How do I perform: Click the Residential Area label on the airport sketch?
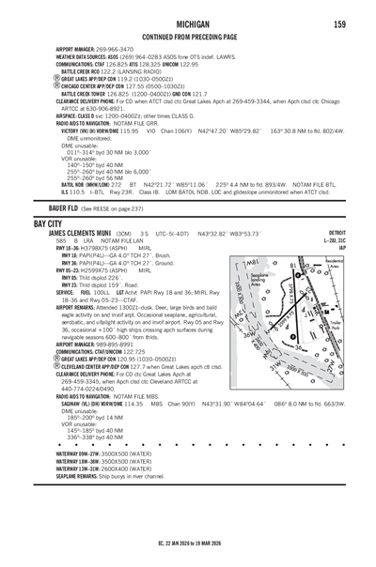click(334, 266)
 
